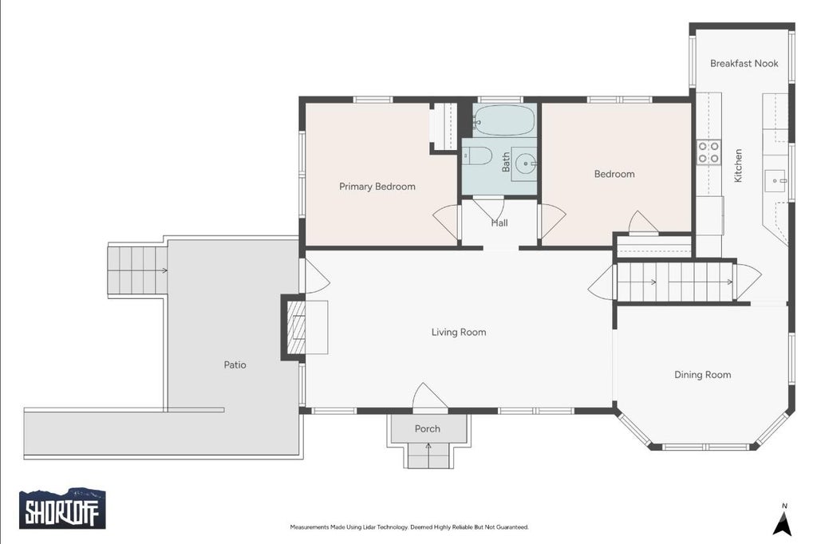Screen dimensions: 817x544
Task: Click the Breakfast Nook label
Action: click(744, 64)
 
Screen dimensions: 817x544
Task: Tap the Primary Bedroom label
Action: click(377, 187)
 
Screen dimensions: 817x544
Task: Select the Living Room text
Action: click(459, 332)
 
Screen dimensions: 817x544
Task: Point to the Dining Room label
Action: click(702, 375)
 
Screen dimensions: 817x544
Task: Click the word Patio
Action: click(235, 365)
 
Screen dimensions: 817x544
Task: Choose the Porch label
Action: click(428, 429)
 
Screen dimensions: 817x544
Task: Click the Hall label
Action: click(499, 223)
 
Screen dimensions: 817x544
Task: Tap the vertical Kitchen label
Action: click(738, 166)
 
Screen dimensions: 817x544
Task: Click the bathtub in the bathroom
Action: click(504, 120)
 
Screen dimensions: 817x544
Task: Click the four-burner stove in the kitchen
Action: click(708, 152)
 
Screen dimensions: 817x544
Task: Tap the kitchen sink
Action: click(776, 181)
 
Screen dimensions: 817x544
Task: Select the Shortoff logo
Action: click(62, 508)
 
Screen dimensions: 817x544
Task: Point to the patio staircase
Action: click(137, 270)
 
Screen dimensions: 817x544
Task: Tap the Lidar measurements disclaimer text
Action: click(409, 527)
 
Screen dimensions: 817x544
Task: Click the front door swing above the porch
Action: click(429, 397)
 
